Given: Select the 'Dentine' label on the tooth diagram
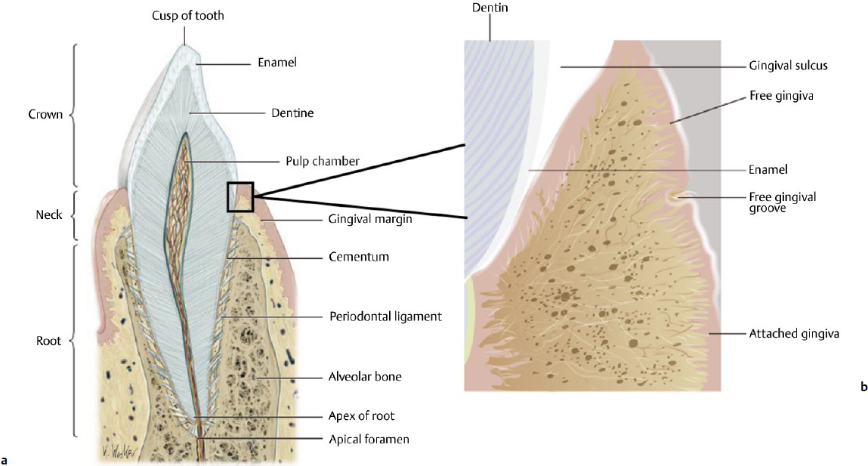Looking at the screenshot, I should (x=292, y=113).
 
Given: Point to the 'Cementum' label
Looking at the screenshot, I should (x=359, y=257).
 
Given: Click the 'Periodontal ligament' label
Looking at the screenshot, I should (x=385, y=316).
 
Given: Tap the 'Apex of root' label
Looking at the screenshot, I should (x=362, y=415).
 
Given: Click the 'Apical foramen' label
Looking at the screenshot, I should (x=369, y=439).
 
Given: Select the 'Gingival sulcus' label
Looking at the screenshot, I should (x=789, y=66).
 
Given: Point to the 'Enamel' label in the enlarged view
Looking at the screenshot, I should (x=768, y=171).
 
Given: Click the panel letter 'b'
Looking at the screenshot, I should (x=863, y=387).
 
